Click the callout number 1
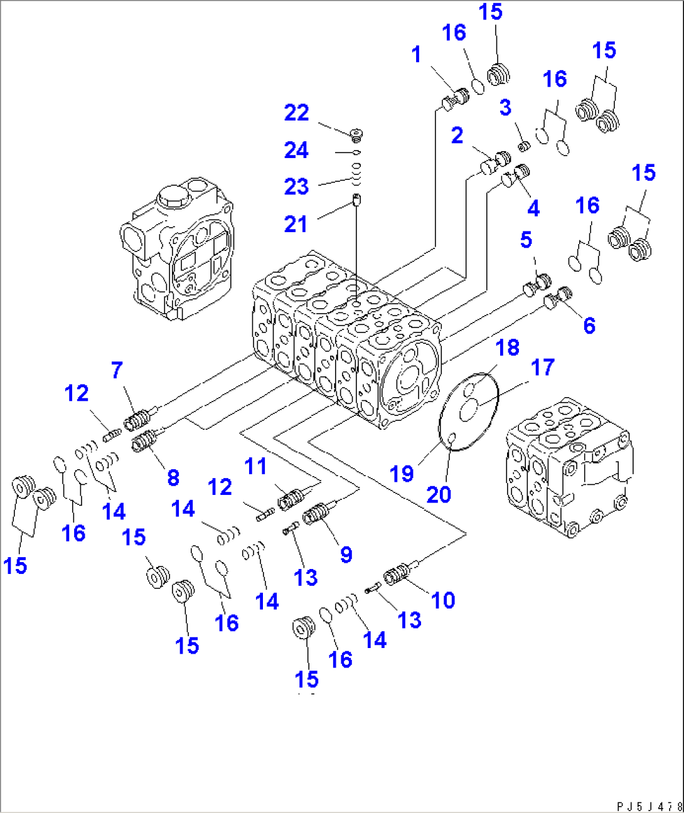[416, 55]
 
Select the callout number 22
[296, 113]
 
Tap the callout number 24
[296, 151]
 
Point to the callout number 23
[296, 186]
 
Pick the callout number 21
[296, 224]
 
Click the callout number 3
[505, 107]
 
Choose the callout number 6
[589, 325]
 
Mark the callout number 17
[543, 367]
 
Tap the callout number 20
[439, 494]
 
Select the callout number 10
[442, 600]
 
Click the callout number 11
[255, 466]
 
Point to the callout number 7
[117, 370]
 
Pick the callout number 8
[173, 477]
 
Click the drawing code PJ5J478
[649, 806]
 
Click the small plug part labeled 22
[356, 134]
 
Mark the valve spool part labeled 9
[316, 514]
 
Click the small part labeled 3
[524, 146]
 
